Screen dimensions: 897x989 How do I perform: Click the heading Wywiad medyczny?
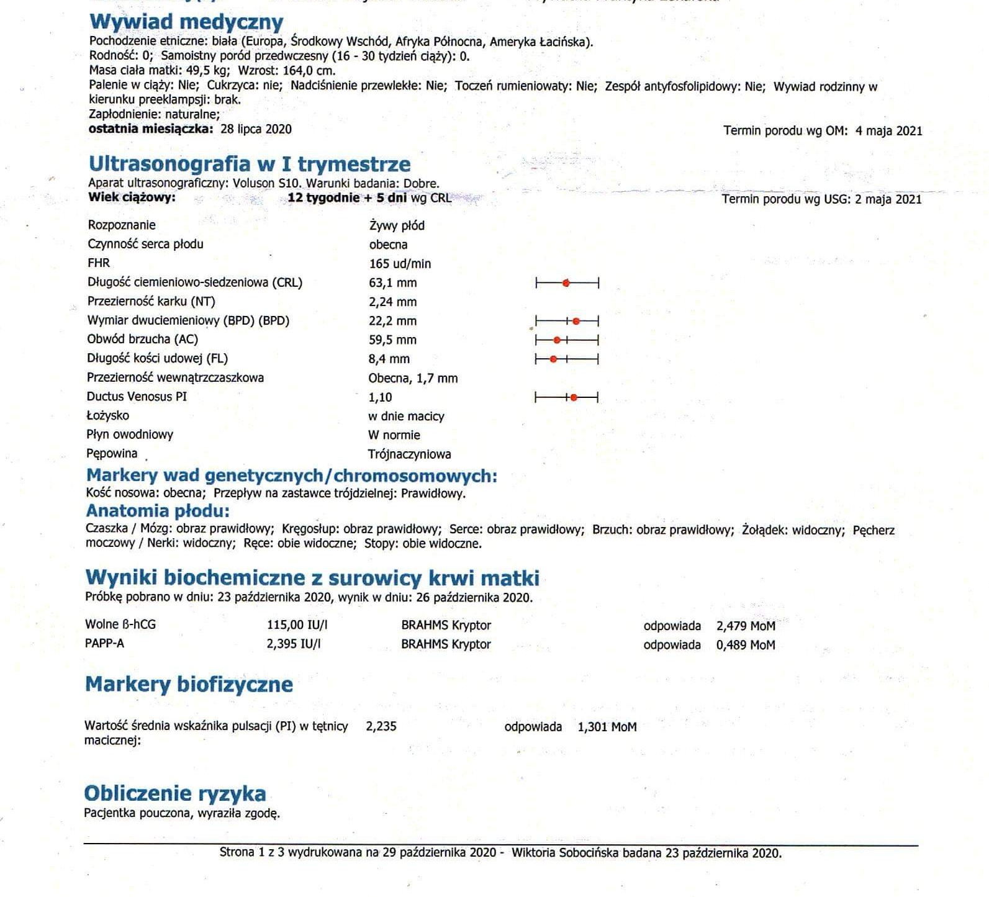186,22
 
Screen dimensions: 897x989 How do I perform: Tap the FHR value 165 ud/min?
400,264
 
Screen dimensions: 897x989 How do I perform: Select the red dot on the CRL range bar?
566,284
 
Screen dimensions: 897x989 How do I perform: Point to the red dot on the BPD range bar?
576,322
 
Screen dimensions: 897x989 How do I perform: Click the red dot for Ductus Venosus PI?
574,397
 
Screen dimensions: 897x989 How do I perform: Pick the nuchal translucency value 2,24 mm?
393,302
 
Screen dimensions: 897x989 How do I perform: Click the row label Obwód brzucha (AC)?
143,340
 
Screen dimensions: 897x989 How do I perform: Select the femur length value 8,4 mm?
389,359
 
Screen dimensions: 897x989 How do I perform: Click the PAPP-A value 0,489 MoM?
745,645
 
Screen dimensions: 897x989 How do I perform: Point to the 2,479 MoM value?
745,626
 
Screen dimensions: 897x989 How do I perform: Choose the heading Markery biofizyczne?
189,684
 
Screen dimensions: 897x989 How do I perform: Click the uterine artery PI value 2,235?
381,726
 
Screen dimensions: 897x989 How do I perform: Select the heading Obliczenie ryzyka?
175,793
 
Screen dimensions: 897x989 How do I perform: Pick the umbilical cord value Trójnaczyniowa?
409,454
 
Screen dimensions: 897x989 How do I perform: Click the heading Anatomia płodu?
158,511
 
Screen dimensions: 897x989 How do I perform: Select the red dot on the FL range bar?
554,359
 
